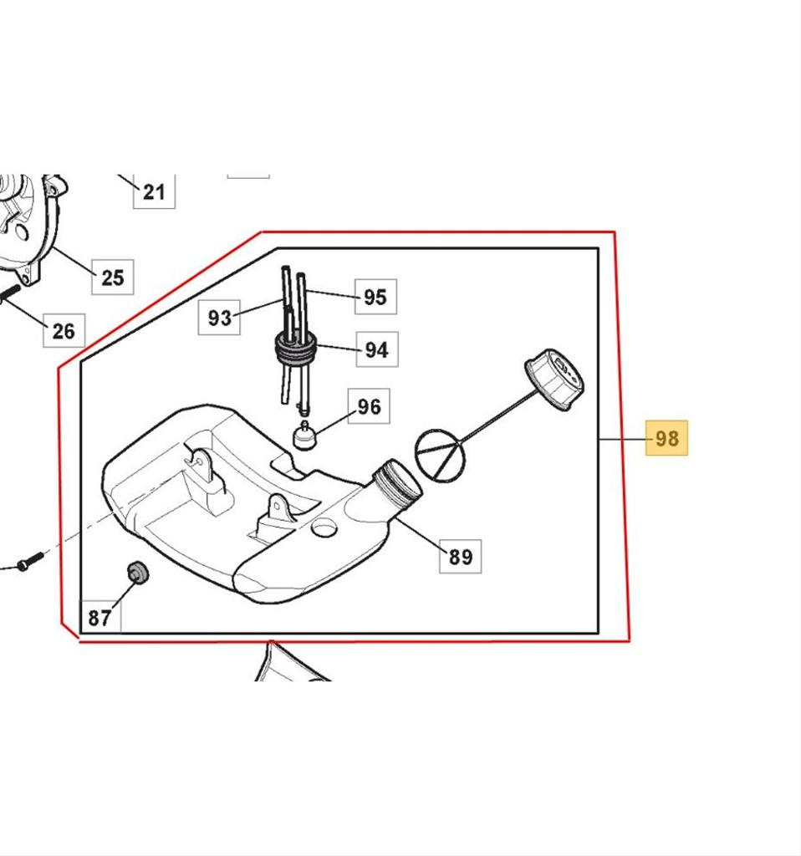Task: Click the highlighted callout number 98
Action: [666, 438]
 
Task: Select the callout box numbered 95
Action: [375, 297]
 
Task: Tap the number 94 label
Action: [377, 349]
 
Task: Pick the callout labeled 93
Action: [219, 317]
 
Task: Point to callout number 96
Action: [369, 406]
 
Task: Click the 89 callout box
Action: [461, 556]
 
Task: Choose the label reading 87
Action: [100, 617]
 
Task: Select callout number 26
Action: [64, 330]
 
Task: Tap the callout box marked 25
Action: [113, 278]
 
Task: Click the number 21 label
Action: [154, 191]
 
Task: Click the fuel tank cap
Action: [554, 379]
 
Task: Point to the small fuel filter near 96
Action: [304, 435]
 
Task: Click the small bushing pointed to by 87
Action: [137, 572]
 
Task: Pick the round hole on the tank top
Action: [324, 527]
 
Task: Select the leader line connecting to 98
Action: [622, 438]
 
